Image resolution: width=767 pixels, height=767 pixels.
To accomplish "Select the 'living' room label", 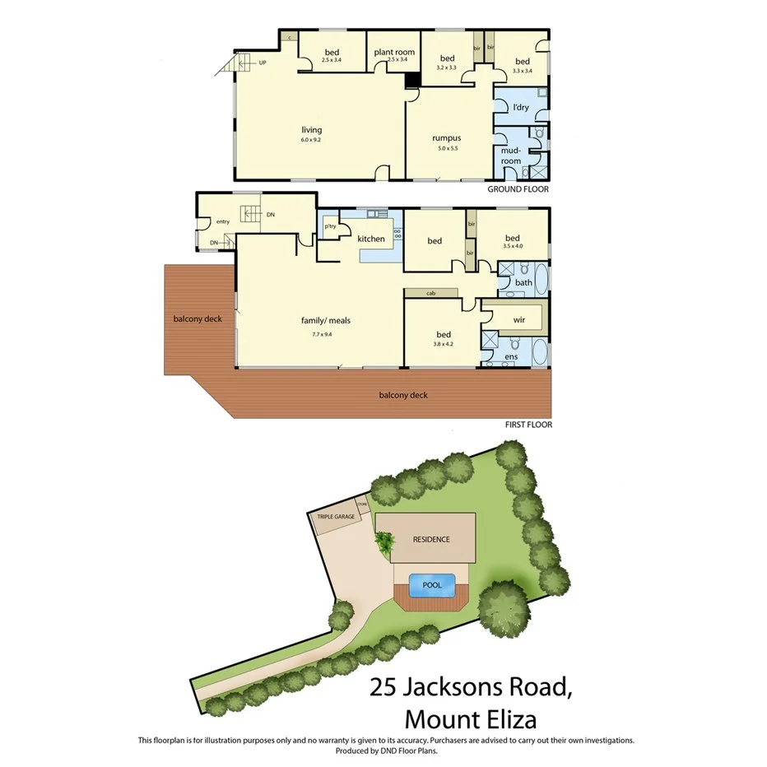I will tap(311, 130).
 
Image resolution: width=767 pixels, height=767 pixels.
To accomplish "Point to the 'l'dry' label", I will tap(520, 108).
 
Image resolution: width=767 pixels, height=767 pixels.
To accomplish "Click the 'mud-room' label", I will tap(511, 156).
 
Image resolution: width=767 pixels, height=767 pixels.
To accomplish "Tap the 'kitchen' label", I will tap(371, 239).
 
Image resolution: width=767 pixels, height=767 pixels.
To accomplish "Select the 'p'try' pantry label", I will tap(331, 226).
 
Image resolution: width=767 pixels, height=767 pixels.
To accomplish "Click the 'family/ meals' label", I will tap(331, 320).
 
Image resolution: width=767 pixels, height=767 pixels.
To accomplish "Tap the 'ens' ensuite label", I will tap(510, 357).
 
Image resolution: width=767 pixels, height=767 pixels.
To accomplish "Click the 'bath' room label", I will tap(523, 282).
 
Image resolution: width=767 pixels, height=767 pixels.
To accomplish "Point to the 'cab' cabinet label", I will tap(430, 293).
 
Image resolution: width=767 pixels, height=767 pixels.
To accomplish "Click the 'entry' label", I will tap(223, 221).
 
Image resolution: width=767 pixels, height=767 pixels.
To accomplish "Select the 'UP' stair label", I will tap(263, 63).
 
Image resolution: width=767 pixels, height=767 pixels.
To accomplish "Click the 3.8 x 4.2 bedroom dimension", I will tap(444, 344).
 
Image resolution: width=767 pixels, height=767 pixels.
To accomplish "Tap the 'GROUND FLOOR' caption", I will tap(518, 189).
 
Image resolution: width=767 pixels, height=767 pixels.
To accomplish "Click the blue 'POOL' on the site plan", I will tap(432, 585).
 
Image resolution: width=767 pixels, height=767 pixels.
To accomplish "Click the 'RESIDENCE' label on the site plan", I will tap(431, 539).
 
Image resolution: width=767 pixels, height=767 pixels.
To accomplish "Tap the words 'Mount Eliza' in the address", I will tap(472, 718).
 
